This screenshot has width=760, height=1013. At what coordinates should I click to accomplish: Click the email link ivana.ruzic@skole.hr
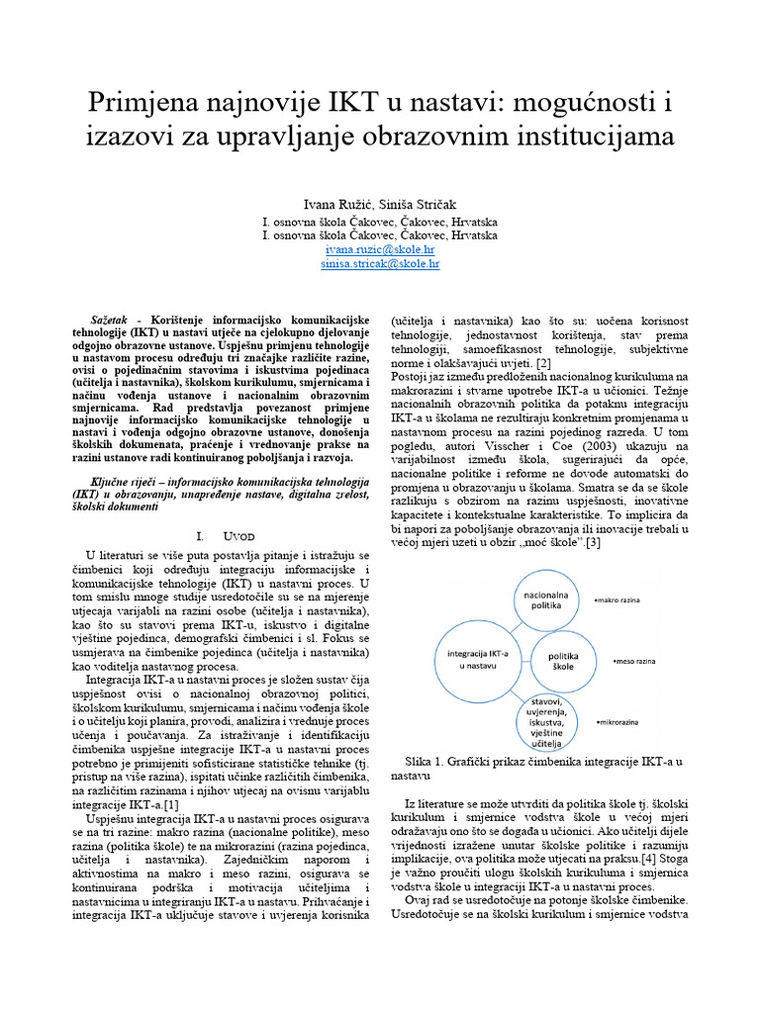381,251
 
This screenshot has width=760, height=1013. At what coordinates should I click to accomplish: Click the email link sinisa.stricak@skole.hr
381,265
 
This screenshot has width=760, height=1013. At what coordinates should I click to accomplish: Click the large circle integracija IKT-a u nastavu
477,660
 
